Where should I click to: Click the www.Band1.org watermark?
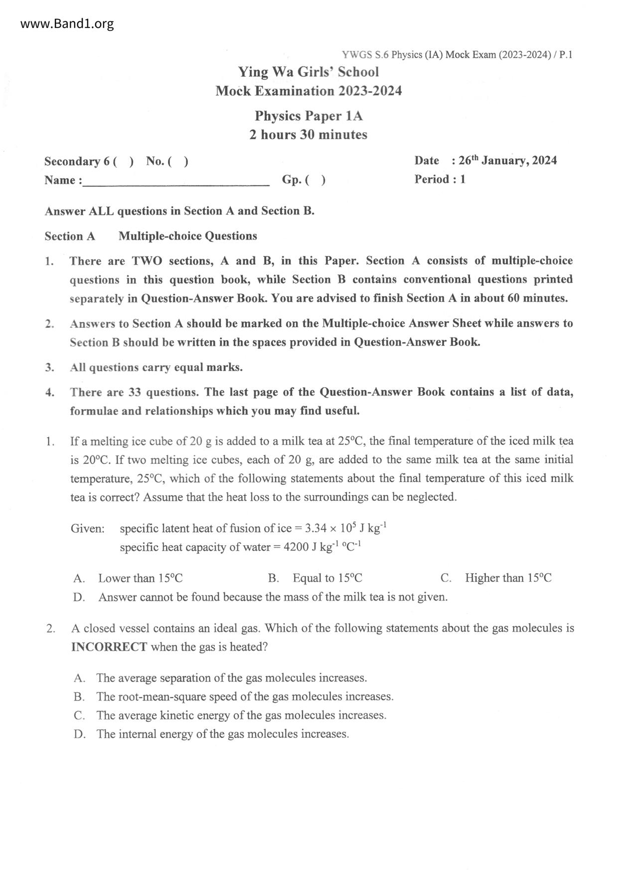(x=67, y=23)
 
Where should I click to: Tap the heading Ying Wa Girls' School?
(x=308, y=72)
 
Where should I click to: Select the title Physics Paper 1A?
(x=309, y=116)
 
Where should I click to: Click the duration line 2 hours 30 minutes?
(x=308, y=135)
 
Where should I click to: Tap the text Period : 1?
(x=440, y=179)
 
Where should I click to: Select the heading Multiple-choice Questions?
(x=187, y=236)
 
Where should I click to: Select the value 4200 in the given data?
(x=296, y=547)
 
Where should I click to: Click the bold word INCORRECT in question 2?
(x=109, y=647)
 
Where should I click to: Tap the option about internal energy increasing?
(x=222, y=734)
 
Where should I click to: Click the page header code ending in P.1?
(x=457, y=55)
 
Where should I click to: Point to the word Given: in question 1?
(x=88, y=528)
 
